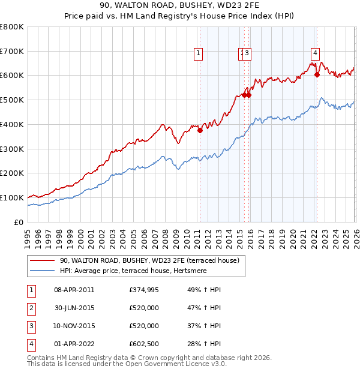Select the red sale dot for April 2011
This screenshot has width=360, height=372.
point(200,131)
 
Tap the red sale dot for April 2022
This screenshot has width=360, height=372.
point(317,75)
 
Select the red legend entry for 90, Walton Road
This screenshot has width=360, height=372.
point(149,260)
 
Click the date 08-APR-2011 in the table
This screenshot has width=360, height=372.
point(74,290)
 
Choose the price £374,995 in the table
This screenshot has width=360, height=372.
point(144,290)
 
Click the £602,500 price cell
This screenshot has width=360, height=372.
point(144,344)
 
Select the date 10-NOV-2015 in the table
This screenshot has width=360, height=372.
point(74,326)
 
